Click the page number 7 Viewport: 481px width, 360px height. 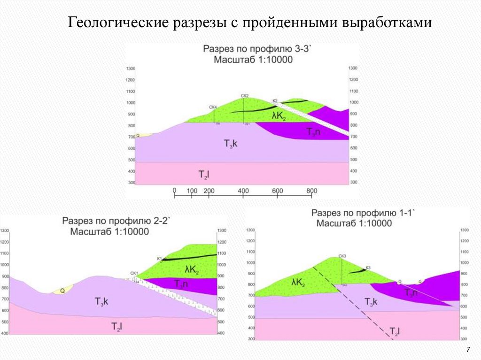pyautogui.click(x=468, y=350)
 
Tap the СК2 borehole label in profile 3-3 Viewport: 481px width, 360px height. pyautogui.click(x=244, y=96)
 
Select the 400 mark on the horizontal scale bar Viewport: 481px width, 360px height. pyautogui.click(x=243, y=191)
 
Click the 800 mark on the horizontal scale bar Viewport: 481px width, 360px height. pyautogui.click(x=312, y=191)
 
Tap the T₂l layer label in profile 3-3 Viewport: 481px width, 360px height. pyautogui.click(x=204, y=175)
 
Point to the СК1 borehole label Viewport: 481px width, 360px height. pyautogui.click(x=134, y=273)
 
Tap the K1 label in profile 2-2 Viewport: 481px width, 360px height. pyautogui.click(x=159, y=259)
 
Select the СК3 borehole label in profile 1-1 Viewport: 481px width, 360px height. pyautogui.click(x=342, y=256)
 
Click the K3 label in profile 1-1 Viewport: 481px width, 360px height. pyautogui.click(x=368, y=268)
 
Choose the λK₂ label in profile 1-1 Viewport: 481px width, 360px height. pyautogui.click(x=298, y=283)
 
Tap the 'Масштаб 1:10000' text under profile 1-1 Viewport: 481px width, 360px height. pyautogui.click(x=354, y=223)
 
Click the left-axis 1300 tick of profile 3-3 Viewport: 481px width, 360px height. pyautogui.click(x=130, y=69)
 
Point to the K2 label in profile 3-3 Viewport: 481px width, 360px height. pyautogui.click(x=275, y=100)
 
